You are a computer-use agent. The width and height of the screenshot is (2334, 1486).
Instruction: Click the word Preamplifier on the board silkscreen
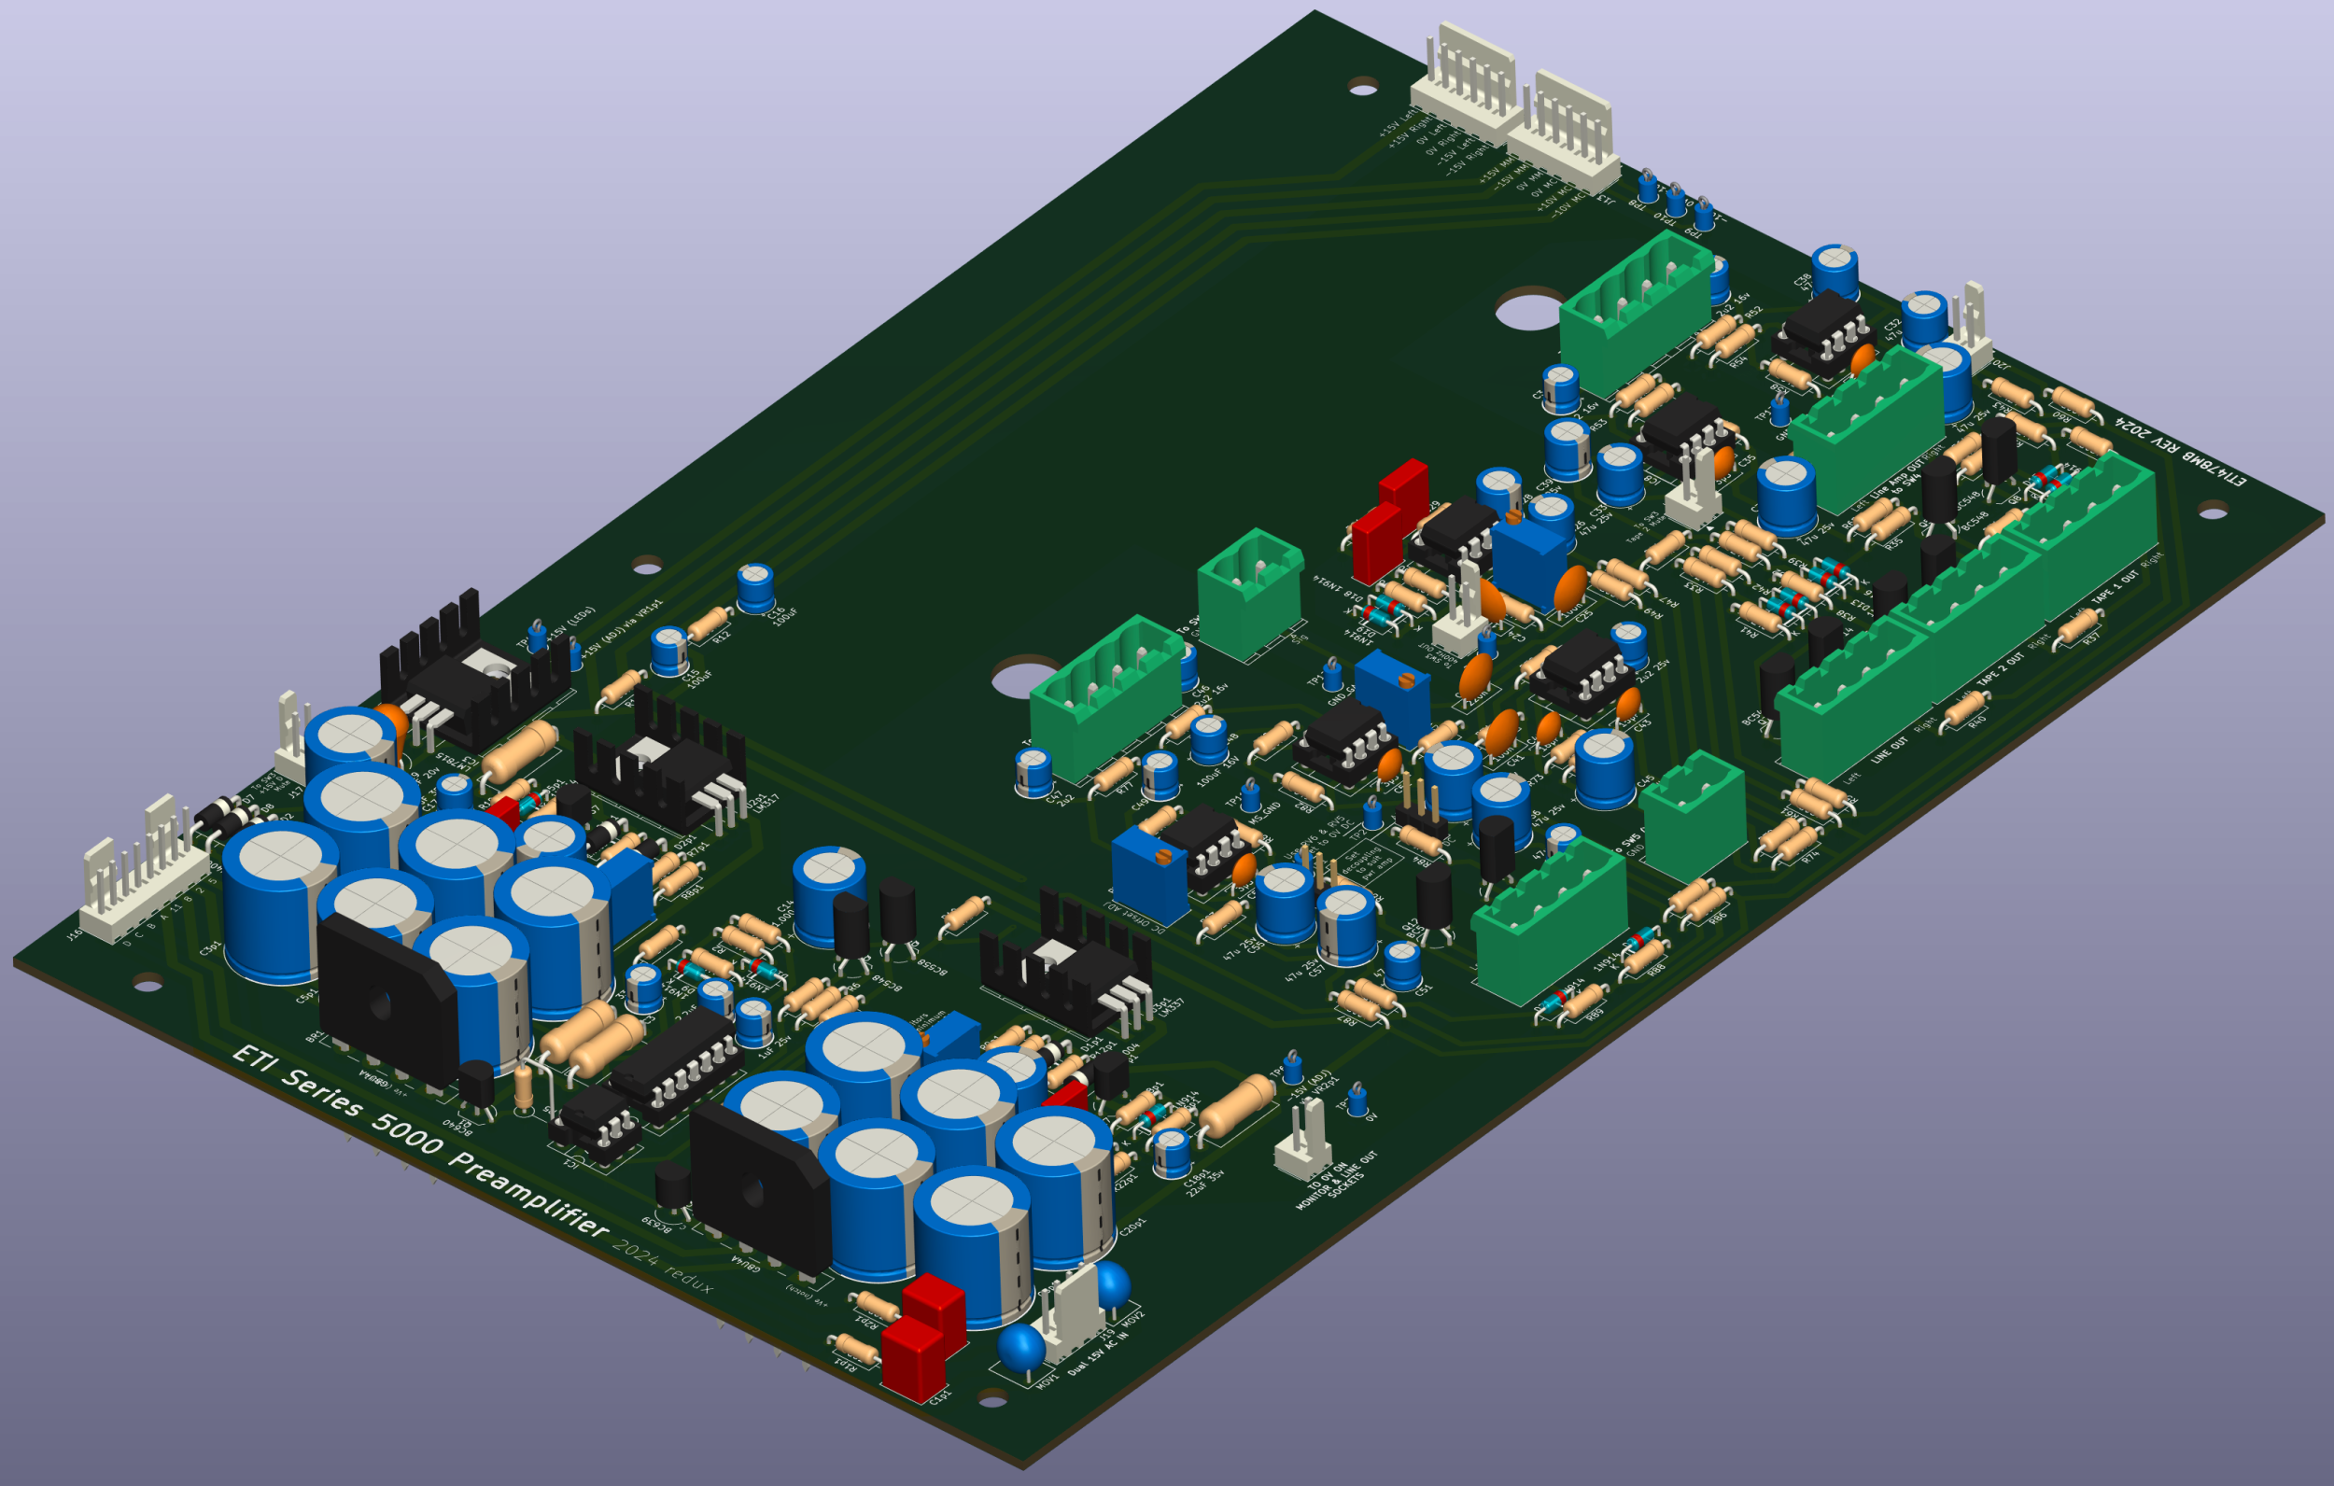click(x=529, y=1194)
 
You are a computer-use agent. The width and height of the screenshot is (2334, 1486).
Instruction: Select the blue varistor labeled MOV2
click(x=1111, y=1282)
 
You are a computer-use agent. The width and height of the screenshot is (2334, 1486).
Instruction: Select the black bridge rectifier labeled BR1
click(x=387, y=1003)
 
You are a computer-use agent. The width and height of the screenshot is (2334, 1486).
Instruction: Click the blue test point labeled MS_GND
click(x=1251, y=795)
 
